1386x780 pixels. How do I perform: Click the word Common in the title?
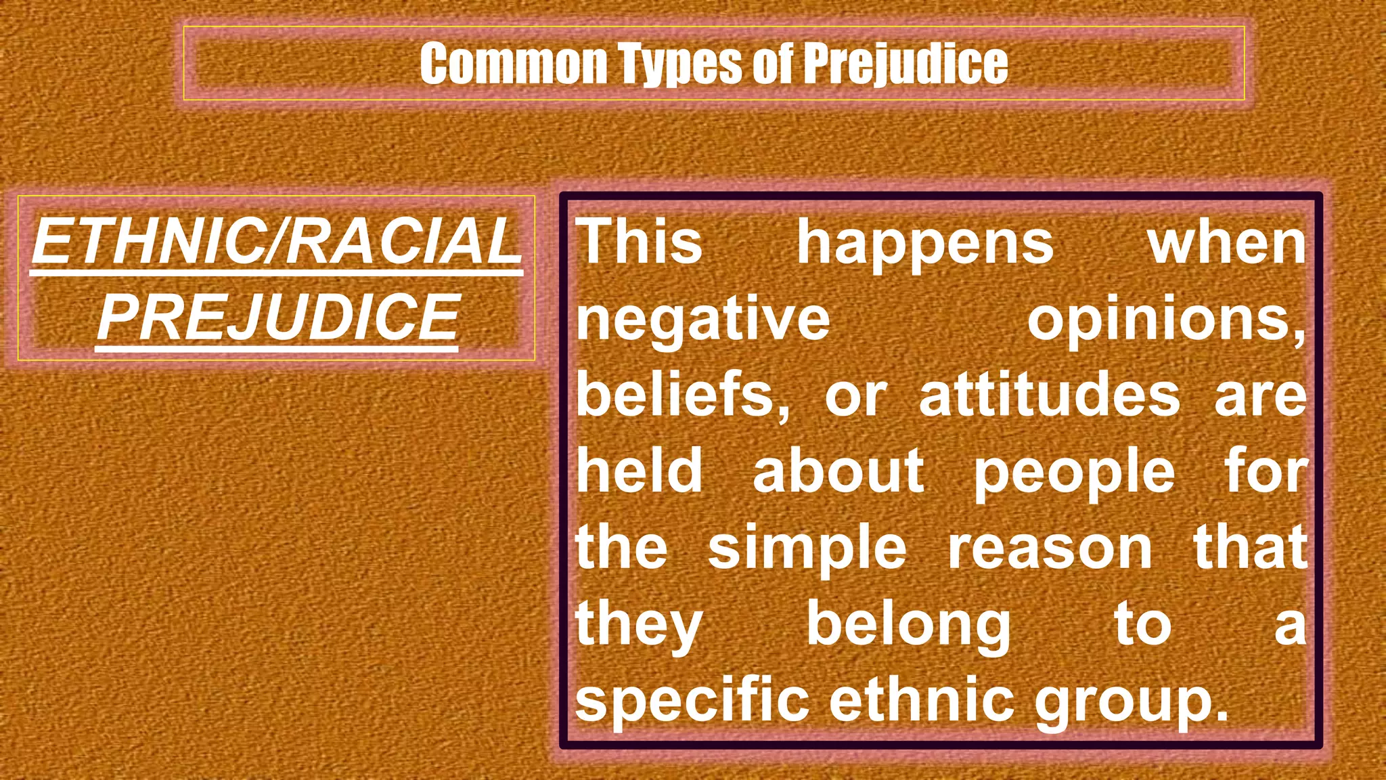tap(513, 64)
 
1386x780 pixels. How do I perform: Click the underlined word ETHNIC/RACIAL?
tap(277, 242)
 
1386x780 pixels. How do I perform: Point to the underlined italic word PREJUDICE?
tap(278, 318)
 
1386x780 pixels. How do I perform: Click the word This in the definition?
tap(639, 242)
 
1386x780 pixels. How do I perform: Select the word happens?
tap(924, 242)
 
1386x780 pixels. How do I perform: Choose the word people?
tap(1074, 471)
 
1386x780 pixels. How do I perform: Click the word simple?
tap(807, 547)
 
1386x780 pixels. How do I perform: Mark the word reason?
tap(1050, 547)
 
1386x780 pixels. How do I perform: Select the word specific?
tap(692, 700)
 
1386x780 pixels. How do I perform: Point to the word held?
tap(639, 471)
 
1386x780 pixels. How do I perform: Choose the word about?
tap(838, 471)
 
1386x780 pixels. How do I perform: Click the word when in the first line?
tap(1226, 242)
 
